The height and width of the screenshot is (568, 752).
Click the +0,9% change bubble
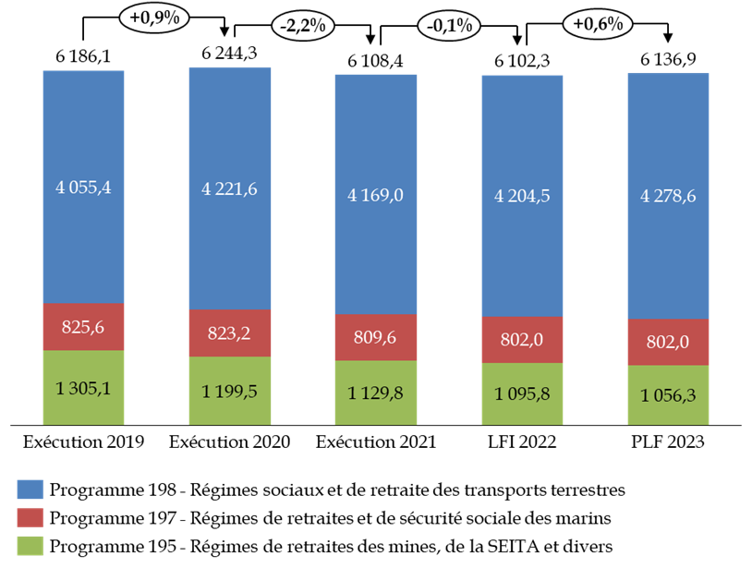(154, 18)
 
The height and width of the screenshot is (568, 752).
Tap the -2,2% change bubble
(301, 27)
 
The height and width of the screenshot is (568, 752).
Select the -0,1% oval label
(450, 26)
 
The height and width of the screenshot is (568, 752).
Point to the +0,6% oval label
(597, 25)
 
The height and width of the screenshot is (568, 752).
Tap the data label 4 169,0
(376, 196)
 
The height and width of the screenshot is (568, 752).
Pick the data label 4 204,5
(523, 196)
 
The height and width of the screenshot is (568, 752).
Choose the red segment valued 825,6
(83, 327)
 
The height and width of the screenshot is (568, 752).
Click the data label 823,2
(230, 333)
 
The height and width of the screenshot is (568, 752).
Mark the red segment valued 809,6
(376, 338)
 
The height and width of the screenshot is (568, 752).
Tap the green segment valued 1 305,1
(83, 388)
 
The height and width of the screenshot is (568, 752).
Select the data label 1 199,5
(230, 392)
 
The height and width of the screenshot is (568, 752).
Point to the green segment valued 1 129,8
(376, 393)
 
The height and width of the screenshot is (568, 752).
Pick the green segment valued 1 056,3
(668, 395)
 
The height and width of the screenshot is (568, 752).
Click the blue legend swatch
(30, 489)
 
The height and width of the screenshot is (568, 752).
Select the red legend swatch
(30, 517)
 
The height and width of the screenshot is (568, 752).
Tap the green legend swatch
(30, 545)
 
